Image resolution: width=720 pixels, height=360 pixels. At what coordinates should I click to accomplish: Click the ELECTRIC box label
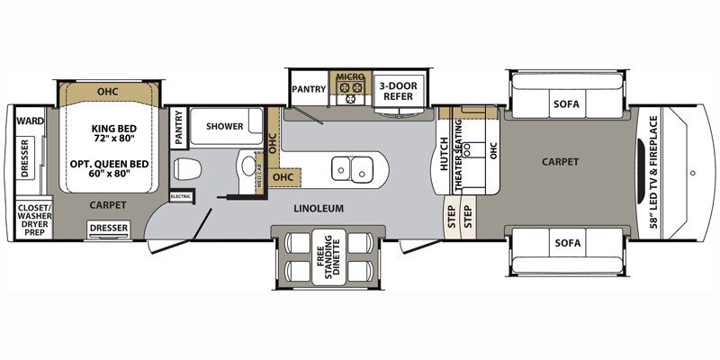point(181,195)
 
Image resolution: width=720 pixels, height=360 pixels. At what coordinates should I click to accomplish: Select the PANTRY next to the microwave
point(308,89)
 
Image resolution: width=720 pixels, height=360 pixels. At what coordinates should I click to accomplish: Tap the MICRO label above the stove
point(349,78)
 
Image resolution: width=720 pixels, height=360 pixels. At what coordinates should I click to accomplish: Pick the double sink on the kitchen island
point(352,166)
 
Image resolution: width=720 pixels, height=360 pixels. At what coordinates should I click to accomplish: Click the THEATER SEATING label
point(459,161)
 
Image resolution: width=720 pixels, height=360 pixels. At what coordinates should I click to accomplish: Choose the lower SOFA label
point(567,243)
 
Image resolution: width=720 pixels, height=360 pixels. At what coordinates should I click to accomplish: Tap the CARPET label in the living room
point(559,162)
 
